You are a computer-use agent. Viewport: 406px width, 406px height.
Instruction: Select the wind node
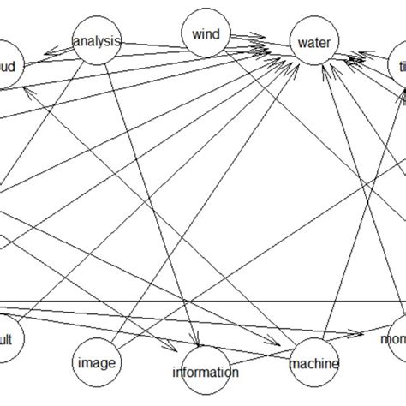pos(206,35)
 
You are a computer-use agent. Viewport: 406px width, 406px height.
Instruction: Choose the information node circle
pos(205,371)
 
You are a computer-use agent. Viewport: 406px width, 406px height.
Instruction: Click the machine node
pos(313,363)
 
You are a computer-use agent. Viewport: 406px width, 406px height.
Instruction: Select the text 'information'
pos(205,372)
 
